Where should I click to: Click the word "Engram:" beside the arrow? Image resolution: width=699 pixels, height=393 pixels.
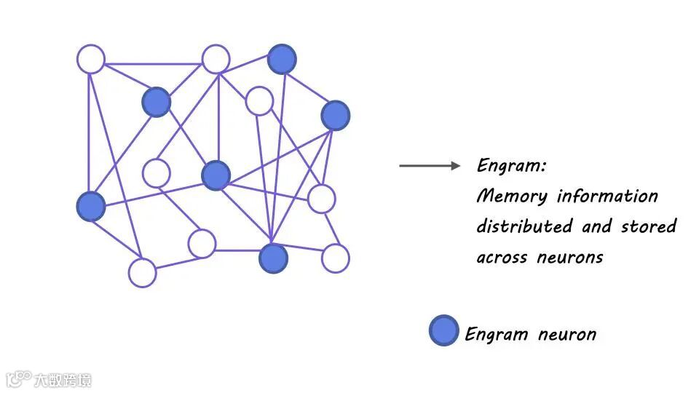click(511, 166)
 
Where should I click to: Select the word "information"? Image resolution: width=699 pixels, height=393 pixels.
click(608, 196)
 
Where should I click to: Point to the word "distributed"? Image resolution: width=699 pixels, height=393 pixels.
click(524, 226)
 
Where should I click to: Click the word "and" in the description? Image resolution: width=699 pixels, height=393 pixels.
click(596, 226)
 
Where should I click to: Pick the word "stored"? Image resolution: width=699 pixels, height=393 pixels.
click(649, 226)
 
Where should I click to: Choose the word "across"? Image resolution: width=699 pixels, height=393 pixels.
click(502, 258)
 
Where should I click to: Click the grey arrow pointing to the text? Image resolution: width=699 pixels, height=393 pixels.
click(430, 166)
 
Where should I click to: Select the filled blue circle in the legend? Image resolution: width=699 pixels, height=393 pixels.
click(443, 331)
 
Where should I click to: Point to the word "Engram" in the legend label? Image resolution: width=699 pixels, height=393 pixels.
click(496, 335)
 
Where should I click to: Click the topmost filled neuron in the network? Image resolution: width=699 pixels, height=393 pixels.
click(282, 59)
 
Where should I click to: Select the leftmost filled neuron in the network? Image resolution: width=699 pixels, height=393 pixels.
click(91, 207)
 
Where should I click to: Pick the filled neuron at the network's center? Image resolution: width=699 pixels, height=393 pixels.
click(216, 175)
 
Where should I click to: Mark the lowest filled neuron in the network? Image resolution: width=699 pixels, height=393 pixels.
click(273, 258)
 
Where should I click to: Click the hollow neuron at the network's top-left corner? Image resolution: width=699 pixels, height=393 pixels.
click(91, 59)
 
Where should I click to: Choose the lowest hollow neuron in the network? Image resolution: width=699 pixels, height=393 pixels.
click(142, 273)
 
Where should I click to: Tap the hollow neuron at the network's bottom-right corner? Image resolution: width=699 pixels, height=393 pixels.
click(335, 258)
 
